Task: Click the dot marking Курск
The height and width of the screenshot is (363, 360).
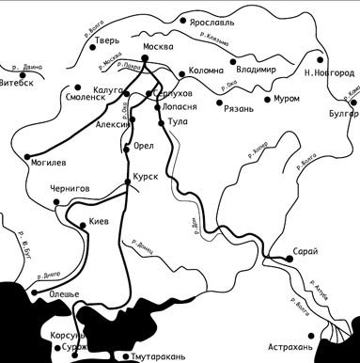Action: [128, 180]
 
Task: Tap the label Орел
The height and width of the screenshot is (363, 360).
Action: [143, 147]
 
